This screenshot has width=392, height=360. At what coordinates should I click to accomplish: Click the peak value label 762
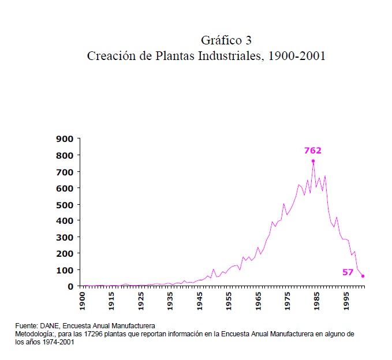[x=312, y=151]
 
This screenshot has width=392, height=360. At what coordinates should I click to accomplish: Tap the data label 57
[x=348, y=272]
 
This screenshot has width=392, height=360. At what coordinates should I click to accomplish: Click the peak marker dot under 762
[x=313, y=161]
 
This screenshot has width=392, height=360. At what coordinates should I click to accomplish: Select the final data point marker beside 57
[x=363, y=276]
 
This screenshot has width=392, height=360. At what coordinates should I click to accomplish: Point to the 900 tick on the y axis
[x=65, y=139]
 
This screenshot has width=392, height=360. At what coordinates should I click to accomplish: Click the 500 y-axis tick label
[x=65, y=204]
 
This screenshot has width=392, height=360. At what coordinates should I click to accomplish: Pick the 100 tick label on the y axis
[x=65, y=270]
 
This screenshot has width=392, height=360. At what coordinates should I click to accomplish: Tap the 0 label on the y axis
[x=70, y=286]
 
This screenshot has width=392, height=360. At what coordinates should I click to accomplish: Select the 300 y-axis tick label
[x=65, y=237]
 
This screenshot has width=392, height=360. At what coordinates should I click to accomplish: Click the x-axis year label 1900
[x=82, y=301]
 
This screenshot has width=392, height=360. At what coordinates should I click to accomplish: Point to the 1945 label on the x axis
[x=200, y=301]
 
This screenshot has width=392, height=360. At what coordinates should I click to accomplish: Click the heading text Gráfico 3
[x=226, y=40]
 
